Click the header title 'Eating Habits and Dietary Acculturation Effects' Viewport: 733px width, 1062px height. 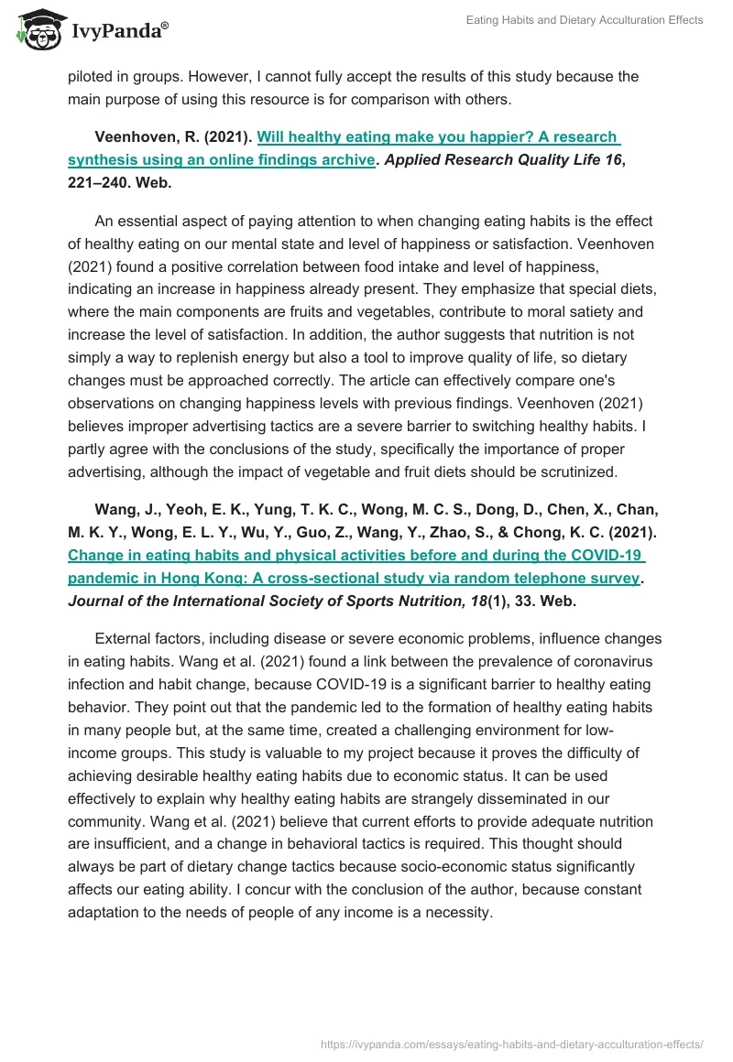tap(584, 20)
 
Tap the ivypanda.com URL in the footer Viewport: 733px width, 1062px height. tap(511, 1043)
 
